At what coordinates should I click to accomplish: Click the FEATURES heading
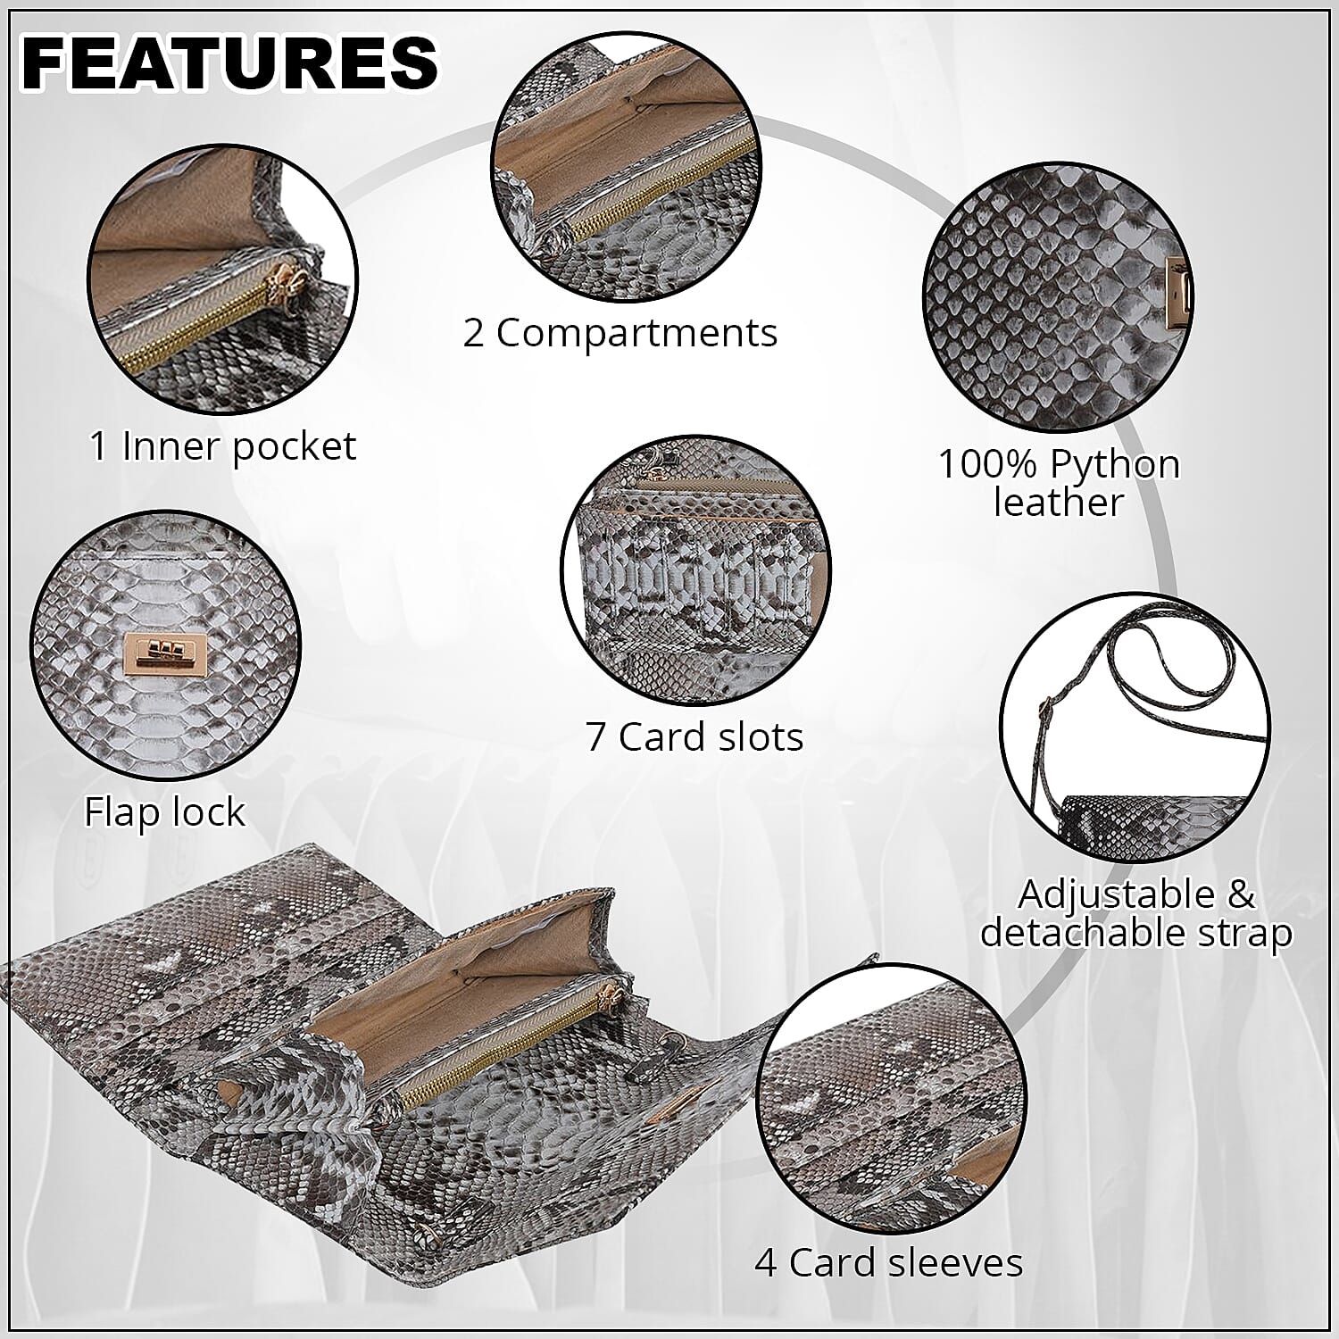pos(230,62)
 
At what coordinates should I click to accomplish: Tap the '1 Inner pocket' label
pos(222,446)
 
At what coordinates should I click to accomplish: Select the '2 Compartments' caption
pos(620,333)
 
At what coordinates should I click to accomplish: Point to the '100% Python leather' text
pos(1059,483)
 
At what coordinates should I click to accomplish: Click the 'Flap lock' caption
pos(164,812)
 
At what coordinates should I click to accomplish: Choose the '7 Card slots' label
pos(694,736)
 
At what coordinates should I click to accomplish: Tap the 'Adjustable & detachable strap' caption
pos(1136,913)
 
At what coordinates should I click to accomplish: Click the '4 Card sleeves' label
pos(888,1263)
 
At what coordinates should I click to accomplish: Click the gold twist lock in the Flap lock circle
pos(166,647)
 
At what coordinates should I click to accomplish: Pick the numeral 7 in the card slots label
pos(595,736)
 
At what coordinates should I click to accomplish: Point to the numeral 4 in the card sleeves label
pos(766,1263)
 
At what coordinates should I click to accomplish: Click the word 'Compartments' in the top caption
pos(636,334)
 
